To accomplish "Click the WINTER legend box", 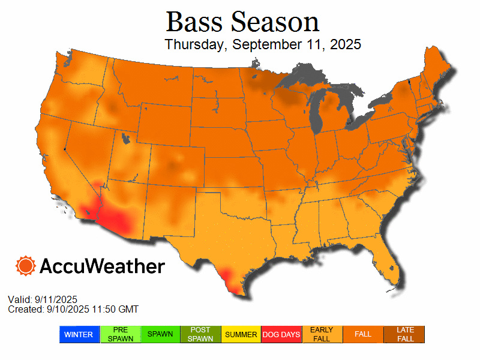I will coord(79,334).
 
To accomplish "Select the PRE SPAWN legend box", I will coord(120,334).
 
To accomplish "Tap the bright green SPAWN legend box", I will coord(160,334).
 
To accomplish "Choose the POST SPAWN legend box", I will coord(201,334).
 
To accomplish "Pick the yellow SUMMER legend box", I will coord(241,334).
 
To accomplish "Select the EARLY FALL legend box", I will coord(322,334).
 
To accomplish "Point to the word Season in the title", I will coord(275,22).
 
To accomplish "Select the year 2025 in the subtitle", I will coord(344,44).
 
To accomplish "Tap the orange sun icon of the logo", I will coord(26,266).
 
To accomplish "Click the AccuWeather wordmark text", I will coord(102,266).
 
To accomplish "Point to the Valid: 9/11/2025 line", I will coord(43,299).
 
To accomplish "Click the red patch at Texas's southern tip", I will coord(231,280).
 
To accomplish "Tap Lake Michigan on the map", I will coord(316,114).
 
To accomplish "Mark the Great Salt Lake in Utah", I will coord(125,139).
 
